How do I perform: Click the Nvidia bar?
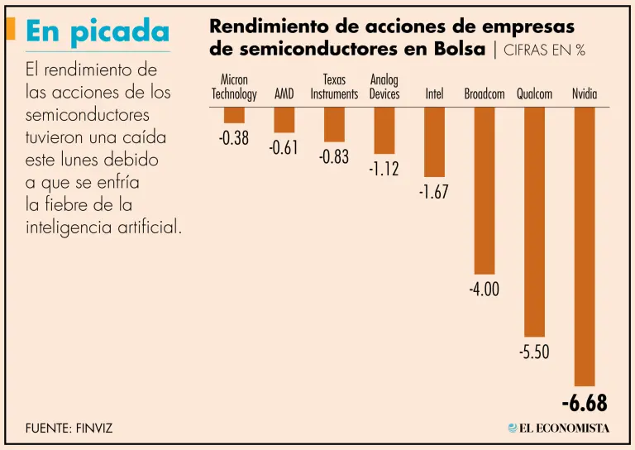click(x=585, y=246)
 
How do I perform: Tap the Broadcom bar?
click(x=485, y=190)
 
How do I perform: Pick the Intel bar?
click(x=434, y=141)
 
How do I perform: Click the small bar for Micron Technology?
click(x=234, y=115)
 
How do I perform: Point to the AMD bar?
click(x=284, y=120)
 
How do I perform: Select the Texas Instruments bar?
click(x=334, y=124)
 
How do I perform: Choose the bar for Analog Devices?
click(x=384, y=130)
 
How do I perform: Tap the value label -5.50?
click(x=534, y=352)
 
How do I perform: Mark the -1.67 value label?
click(x=433, y=192)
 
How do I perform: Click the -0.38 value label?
click(x=234, y=138)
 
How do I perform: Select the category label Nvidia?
click(x=585, y=94)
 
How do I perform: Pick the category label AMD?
click(x=284, y=94)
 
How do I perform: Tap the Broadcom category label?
click(x=485, y=94)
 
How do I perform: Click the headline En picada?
click(x=98, y=31)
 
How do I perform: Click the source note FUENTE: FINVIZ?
click(x=69, y=428)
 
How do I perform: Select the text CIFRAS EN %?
click(x=544, y=50)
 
